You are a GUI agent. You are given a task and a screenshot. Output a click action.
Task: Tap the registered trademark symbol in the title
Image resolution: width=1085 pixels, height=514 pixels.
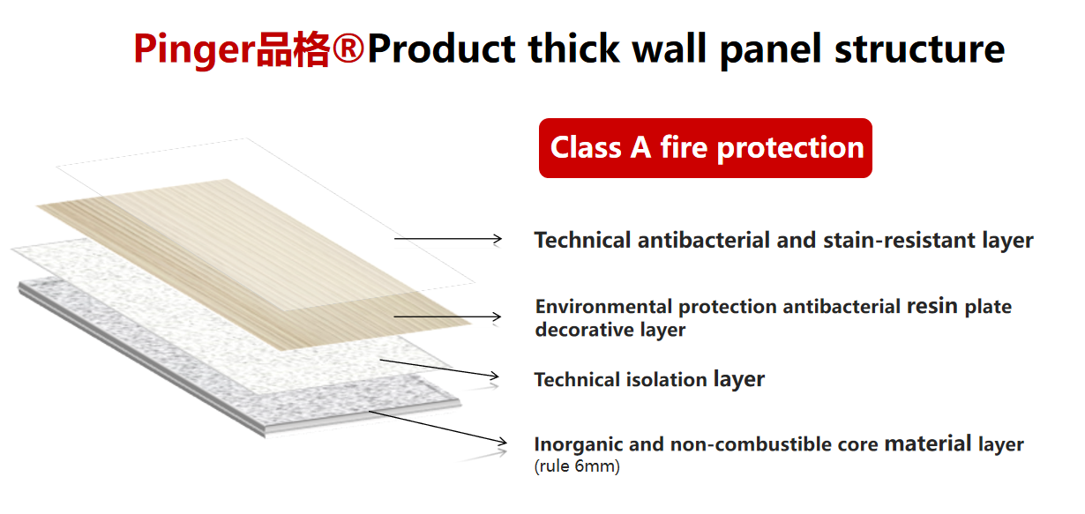click(x=348, y=48)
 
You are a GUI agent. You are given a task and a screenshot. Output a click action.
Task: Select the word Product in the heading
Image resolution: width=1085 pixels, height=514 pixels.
click(x=441, y=48)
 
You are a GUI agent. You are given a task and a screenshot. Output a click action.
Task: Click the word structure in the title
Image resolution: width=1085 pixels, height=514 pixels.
click(x=919, y=49)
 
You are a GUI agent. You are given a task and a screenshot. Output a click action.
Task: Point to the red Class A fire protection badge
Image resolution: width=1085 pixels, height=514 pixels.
click(x=706, y=147)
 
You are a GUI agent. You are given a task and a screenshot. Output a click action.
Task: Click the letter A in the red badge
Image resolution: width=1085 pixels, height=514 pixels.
click(x=640, y=147)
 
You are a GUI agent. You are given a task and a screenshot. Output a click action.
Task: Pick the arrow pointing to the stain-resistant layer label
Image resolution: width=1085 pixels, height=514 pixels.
click(x=448, y=239)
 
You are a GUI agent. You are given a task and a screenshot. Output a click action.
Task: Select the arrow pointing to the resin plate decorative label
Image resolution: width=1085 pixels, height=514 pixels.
click(x=447, y=317)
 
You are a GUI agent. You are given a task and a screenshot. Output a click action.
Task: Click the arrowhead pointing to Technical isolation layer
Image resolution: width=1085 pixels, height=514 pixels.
click(x=492, y=376)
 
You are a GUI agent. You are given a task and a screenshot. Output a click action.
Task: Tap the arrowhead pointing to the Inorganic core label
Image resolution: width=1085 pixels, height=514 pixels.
click(x=501, y=442)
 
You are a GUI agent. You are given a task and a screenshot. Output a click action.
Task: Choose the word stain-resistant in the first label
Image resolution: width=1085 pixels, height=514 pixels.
click(x=899, y=241)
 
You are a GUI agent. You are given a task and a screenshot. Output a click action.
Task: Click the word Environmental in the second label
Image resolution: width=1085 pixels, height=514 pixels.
click(x=603, y=307)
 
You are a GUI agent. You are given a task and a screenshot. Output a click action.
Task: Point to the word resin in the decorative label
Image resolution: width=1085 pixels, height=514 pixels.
click(x=932, y=306)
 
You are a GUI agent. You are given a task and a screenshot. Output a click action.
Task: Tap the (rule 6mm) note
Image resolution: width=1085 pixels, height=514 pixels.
click(x=577, y=466)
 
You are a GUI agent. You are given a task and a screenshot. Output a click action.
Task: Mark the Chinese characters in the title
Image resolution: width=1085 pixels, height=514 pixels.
click(x=293, y=48)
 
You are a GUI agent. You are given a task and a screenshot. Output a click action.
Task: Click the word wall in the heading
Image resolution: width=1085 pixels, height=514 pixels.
click(x=670, y=48)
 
